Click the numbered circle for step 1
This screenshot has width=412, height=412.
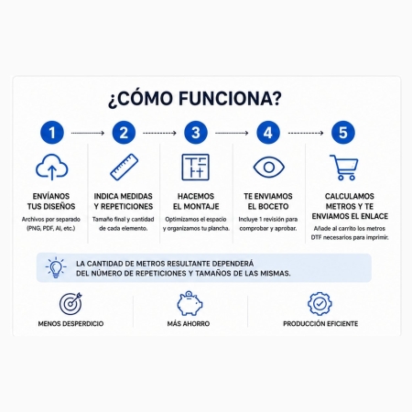(x=52, y=133)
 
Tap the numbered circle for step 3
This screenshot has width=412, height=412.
(x=196, y=133)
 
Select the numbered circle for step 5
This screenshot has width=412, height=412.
(x=343, y=133)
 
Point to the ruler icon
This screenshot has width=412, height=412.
(x=124, y=167)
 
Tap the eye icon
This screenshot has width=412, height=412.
(x=269, y=167)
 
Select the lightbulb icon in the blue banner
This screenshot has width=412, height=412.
(x=56, y=267)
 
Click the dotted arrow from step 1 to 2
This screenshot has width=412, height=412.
(x=88, y=133)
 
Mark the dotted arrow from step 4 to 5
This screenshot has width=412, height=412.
(x=306, y=133)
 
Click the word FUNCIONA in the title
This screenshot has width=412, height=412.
(x=230, y=99)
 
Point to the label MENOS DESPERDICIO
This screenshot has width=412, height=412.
(x=70, y=324)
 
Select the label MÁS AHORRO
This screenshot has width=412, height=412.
(x=189, y=324)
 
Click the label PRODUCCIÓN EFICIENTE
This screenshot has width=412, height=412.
(x=320, y=324)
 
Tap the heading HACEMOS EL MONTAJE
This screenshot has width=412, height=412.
(x=196, y=201)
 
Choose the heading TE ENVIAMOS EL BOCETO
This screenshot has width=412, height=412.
(x=268, y=201)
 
